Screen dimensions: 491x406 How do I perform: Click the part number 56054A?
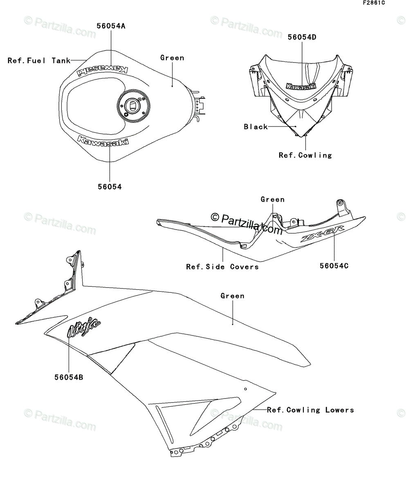111,26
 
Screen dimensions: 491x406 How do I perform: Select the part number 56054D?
302,37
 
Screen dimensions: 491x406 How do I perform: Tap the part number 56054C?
334,266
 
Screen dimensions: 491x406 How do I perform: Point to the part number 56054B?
69,377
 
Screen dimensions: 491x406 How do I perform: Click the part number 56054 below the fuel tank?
110,187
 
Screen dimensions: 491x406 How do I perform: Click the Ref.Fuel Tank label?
39,61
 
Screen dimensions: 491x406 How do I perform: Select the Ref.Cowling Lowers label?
310,410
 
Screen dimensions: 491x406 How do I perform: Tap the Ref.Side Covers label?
222,267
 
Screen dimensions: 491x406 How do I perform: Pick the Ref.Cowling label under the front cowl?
305,155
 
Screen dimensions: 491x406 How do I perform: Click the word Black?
256,127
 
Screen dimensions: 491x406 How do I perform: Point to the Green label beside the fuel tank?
172,58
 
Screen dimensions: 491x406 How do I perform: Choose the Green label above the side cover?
272,200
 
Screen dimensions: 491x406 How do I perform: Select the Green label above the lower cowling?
232,296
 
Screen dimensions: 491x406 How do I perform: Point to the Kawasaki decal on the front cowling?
301,86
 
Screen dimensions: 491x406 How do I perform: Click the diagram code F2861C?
373,3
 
